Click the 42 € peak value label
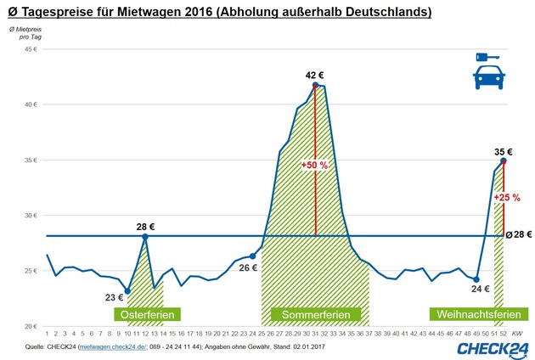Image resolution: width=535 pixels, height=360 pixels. tap(315, 76)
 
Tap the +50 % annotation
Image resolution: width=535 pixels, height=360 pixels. tap(314, 165)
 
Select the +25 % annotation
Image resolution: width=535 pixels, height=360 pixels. tap(507, 197)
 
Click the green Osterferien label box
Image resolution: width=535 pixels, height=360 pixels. tap(147, 315)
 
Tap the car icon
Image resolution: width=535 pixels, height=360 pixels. tap(487, 79)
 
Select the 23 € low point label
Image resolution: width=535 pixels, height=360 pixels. tap(114, 296)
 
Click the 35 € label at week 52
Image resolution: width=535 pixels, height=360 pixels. tap(504, 152)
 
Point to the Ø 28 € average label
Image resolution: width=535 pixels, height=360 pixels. tap(518, 234)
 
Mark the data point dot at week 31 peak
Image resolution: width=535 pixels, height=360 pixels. tap(315, 85)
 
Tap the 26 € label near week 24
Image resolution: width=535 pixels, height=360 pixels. tap(246, 267)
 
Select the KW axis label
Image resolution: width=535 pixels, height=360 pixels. tap(516, 334)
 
